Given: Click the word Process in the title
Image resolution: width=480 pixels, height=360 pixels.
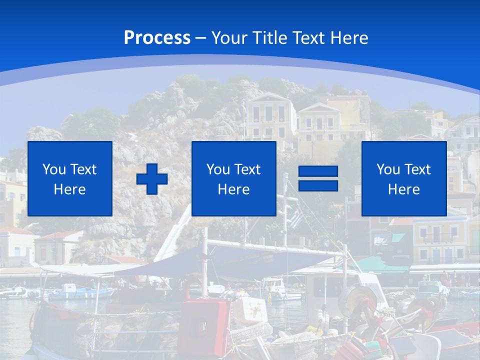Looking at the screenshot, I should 157,38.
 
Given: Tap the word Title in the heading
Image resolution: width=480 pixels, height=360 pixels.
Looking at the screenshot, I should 270,38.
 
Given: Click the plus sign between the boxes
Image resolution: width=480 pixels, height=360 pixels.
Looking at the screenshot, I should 152,178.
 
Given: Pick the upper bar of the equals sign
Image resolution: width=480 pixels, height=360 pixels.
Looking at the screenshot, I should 318,171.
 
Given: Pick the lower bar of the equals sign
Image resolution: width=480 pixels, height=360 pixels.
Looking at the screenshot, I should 318,185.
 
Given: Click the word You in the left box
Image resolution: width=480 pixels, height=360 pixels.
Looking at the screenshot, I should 54,169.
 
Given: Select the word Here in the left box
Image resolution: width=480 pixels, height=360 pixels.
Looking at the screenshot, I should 69,189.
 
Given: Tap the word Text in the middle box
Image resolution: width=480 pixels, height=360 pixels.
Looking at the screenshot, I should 247,169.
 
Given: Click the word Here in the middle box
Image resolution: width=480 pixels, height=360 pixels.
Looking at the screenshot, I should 233,189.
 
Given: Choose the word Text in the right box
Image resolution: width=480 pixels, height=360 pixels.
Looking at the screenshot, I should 417,169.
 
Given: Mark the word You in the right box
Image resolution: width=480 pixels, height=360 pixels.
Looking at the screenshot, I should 388,169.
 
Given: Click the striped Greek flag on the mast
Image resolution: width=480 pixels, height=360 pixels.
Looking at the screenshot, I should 297,218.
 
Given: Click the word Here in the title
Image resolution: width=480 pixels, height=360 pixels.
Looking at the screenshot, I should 350,38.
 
